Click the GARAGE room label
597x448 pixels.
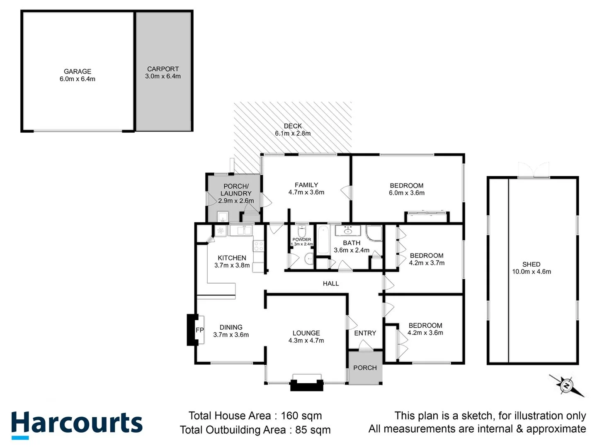pyautogui.click(x=78, y=71)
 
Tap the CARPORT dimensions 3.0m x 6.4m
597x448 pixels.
pyautogui.click(x=163, y=76)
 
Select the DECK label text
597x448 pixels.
pyautogui.click(x=293, y=126)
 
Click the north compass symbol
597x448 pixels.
pyautogui.click(x=566, y=386)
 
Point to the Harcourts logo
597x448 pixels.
pyautogui.click(x=77, y=424)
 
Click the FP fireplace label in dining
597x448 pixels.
pyautogui.click(x=199, y=330)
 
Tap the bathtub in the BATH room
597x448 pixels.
pyautogui.click(x=322, y=239)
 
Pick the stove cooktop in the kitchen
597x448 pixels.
pyautogui.click(x=259, y=246)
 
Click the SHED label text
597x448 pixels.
pyautogui.click(x=531, y=264)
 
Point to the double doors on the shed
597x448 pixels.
pyautogui.click(x=533, y=170)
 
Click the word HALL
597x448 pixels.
pyautogui.click(x=331, y=284)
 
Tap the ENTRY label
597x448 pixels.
pyautogui.click(x=365, y=333)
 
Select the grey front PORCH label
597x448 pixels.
pyautogui.click(x=365, y=368)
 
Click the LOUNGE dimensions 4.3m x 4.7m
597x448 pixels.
pyautogui.click(x=306, y=341)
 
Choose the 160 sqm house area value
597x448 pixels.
pyautogui.click(x=301, y=416)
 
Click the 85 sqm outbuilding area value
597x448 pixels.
pyautogui.click(x=313, y=430)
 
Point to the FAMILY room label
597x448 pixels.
pyautogui.click(x=306, y=185)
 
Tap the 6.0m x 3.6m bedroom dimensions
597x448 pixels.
pyautogui.click(x=406, y=193)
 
